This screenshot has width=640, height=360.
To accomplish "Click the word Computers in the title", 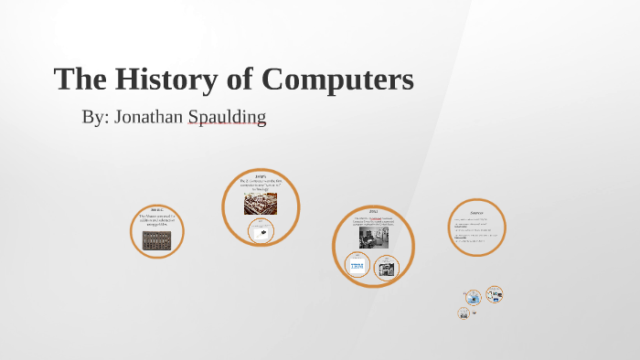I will (337, 79).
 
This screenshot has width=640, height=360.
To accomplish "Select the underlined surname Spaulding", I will (228, 118).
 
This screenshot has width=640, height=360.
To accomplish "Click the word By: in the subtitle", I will (95, 118).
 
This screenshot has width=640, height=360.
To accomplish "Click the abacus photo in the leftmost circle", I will (156, 240).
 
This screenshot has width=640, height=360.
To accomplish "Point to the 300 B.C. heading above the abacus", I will (156, 209).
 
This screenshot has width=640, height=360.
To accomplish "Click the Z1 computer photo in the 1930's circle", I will (260, 203).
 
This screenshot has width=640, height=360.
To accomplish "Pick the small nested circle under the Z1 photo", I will (261, 230).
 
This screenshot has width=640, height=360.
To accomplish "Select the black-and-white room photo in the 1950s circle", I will (373, 236).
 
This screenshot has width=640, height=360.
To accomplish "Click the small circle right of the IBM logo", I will (387, 268).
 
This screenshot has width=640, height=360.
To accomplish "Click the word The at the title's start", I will (78, 79).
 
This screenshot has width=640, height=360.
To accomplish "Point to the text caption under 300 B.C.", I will (156, 219).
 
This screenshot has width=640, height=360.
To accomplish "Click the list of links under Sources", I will (476, 232).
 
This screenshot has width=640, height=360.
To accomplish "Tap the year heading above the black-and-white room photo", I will (373, 211).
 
